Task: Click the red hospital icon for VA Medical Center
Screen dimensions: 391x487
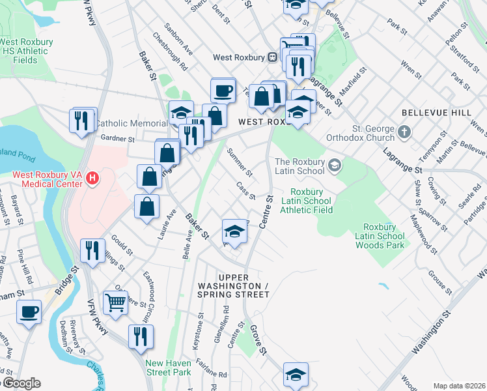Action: [92, 177]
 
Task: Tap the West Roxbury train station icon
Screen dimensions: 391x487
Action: [272, 57]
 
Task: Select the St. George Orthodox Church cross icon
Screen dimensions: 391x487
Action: [404, 133]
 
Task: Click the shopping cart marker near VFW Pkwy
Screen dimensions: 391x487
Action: [115, 301]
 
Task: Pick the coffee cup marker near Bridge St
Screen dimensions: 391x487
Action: [29, 311]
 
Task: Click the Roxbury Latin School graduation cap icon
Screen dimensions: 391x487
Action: [334, 164]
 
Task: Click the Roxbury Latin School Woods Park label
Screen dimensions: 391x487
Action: [380, 236]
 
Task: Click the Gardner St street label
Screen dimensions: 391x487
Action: [117, 138]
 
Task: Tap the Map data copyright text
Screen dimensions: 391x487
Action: [458, 386]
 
